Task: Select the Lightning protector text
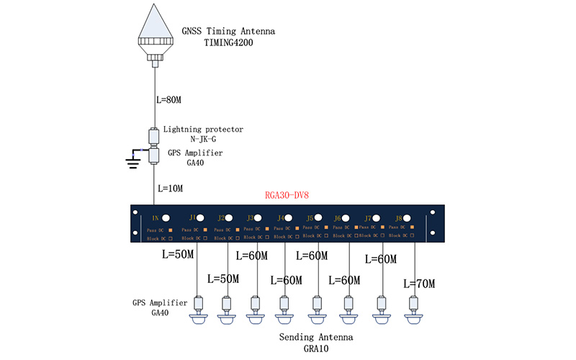point(203,130)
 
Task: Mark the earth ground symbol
point(132,161)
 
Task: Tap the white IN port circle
point(166,217)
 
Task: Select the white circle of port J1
point(201,217)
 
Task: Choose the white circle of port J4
point(288,217)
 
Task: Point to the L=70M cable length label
point(419,284)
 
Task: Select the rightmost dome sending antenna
point(413,318)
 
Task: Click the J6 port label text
point(338,218)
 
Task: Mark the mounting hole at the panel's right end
point(433,212)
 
